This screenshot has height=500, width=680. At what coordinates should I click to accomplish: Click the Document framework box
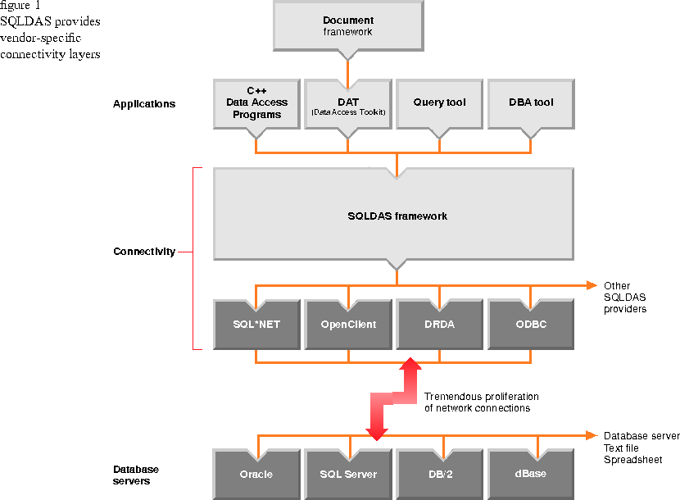point(348,26)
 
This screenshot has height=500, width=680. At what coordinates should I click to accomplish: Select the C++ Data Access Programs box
point(256,103)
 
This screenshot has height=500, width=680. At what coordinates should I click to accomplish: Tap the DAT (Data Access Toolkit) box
point(348,103)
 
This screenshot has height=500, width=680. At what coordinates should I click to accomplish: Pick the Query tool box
point(440,103)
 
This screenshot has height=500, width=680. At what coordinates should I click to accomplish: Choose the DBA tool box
point(532,103)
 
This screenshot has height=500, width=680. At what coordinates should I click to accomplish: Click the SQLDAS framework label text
point(397,216)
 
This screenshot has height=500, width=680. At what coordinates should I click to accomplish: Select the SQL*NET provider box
point(256,325)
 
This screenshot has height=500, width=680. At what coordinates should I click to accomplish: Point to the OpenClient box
point(348,325)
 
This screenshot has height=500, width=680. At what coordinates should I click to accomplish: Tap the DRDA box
point(440,325)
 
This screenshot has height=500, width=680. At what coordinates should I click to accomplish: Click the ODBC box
point(532,325)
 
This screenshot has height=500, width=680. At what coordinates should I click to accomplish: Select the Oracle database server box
point(256,475)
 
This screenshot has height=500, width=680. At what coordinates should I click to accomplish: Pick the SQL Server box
point(348,475)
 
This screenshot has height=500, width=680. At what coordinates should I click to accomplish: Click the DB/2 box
point(440,475)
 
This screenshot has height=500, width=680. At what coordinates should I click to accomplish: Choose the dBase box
point(532,475)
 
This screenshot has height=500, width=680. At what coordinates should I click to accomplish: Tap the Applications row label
point(144,104)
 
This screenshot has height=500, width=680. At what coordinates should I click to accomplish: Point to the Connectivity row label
point(144,252)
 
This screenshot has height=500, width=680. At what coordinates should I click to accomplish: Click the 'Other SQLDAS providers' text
point(625,298)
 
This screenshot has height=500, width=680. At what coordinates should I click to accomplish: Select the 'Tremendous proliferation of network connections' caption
point(481,402)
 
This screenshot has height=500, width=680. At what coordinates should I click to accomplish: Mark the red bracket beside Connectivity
point(193,258)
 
